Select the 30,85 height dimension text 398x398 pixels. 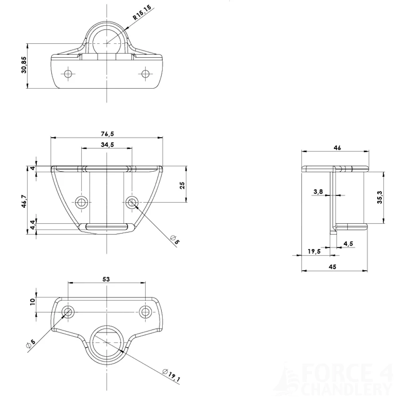24,65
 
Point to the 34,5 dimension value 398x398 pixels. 107,145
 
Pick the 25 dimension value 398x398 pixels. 183,185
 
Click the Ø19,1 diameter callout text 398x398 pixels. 172,375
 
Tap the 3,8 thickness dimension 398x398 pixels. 318,192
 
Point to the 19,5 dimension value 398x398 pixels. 314,251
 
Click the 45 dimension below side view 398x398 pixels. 333,267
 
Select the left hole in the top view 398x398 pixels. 68,74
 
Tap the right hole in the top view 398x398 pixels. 146,74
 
